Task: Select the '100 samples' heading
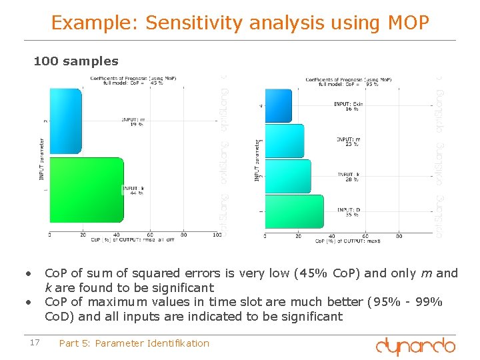[x=76, y=61]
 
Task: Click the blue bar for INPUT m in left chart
[x=65, y=121]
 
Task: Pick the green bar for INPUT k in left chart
[x=87, y=190]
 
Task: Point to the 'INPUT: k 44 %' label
[x=133, y=191]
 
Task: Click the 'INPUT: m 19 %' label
[x=133, y=121]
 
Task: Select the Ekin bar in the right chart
[x=279, y=105]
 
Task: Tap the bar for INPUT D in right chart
[x=294, y=212]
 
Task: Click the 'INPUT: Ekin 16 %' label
[x=349, y=107]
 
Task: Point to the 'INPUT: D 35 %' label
[x=349, y=213]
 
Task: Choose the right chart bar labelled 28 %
[x=288, y=177]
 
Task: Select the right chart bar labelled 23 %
[x=284, y=141]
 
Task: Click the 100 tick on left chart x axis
[x=217, y=235]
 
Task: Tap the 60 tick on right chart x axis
[x=365, y=235]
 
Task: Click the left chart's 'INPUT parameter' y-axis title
[x=41, y=159]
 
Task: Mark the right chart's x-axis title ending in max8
[x=347, y=241]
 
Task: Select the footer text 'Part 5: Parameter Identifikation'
[x=134, y=343]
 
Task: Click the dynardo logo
[x=415, y=346]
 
